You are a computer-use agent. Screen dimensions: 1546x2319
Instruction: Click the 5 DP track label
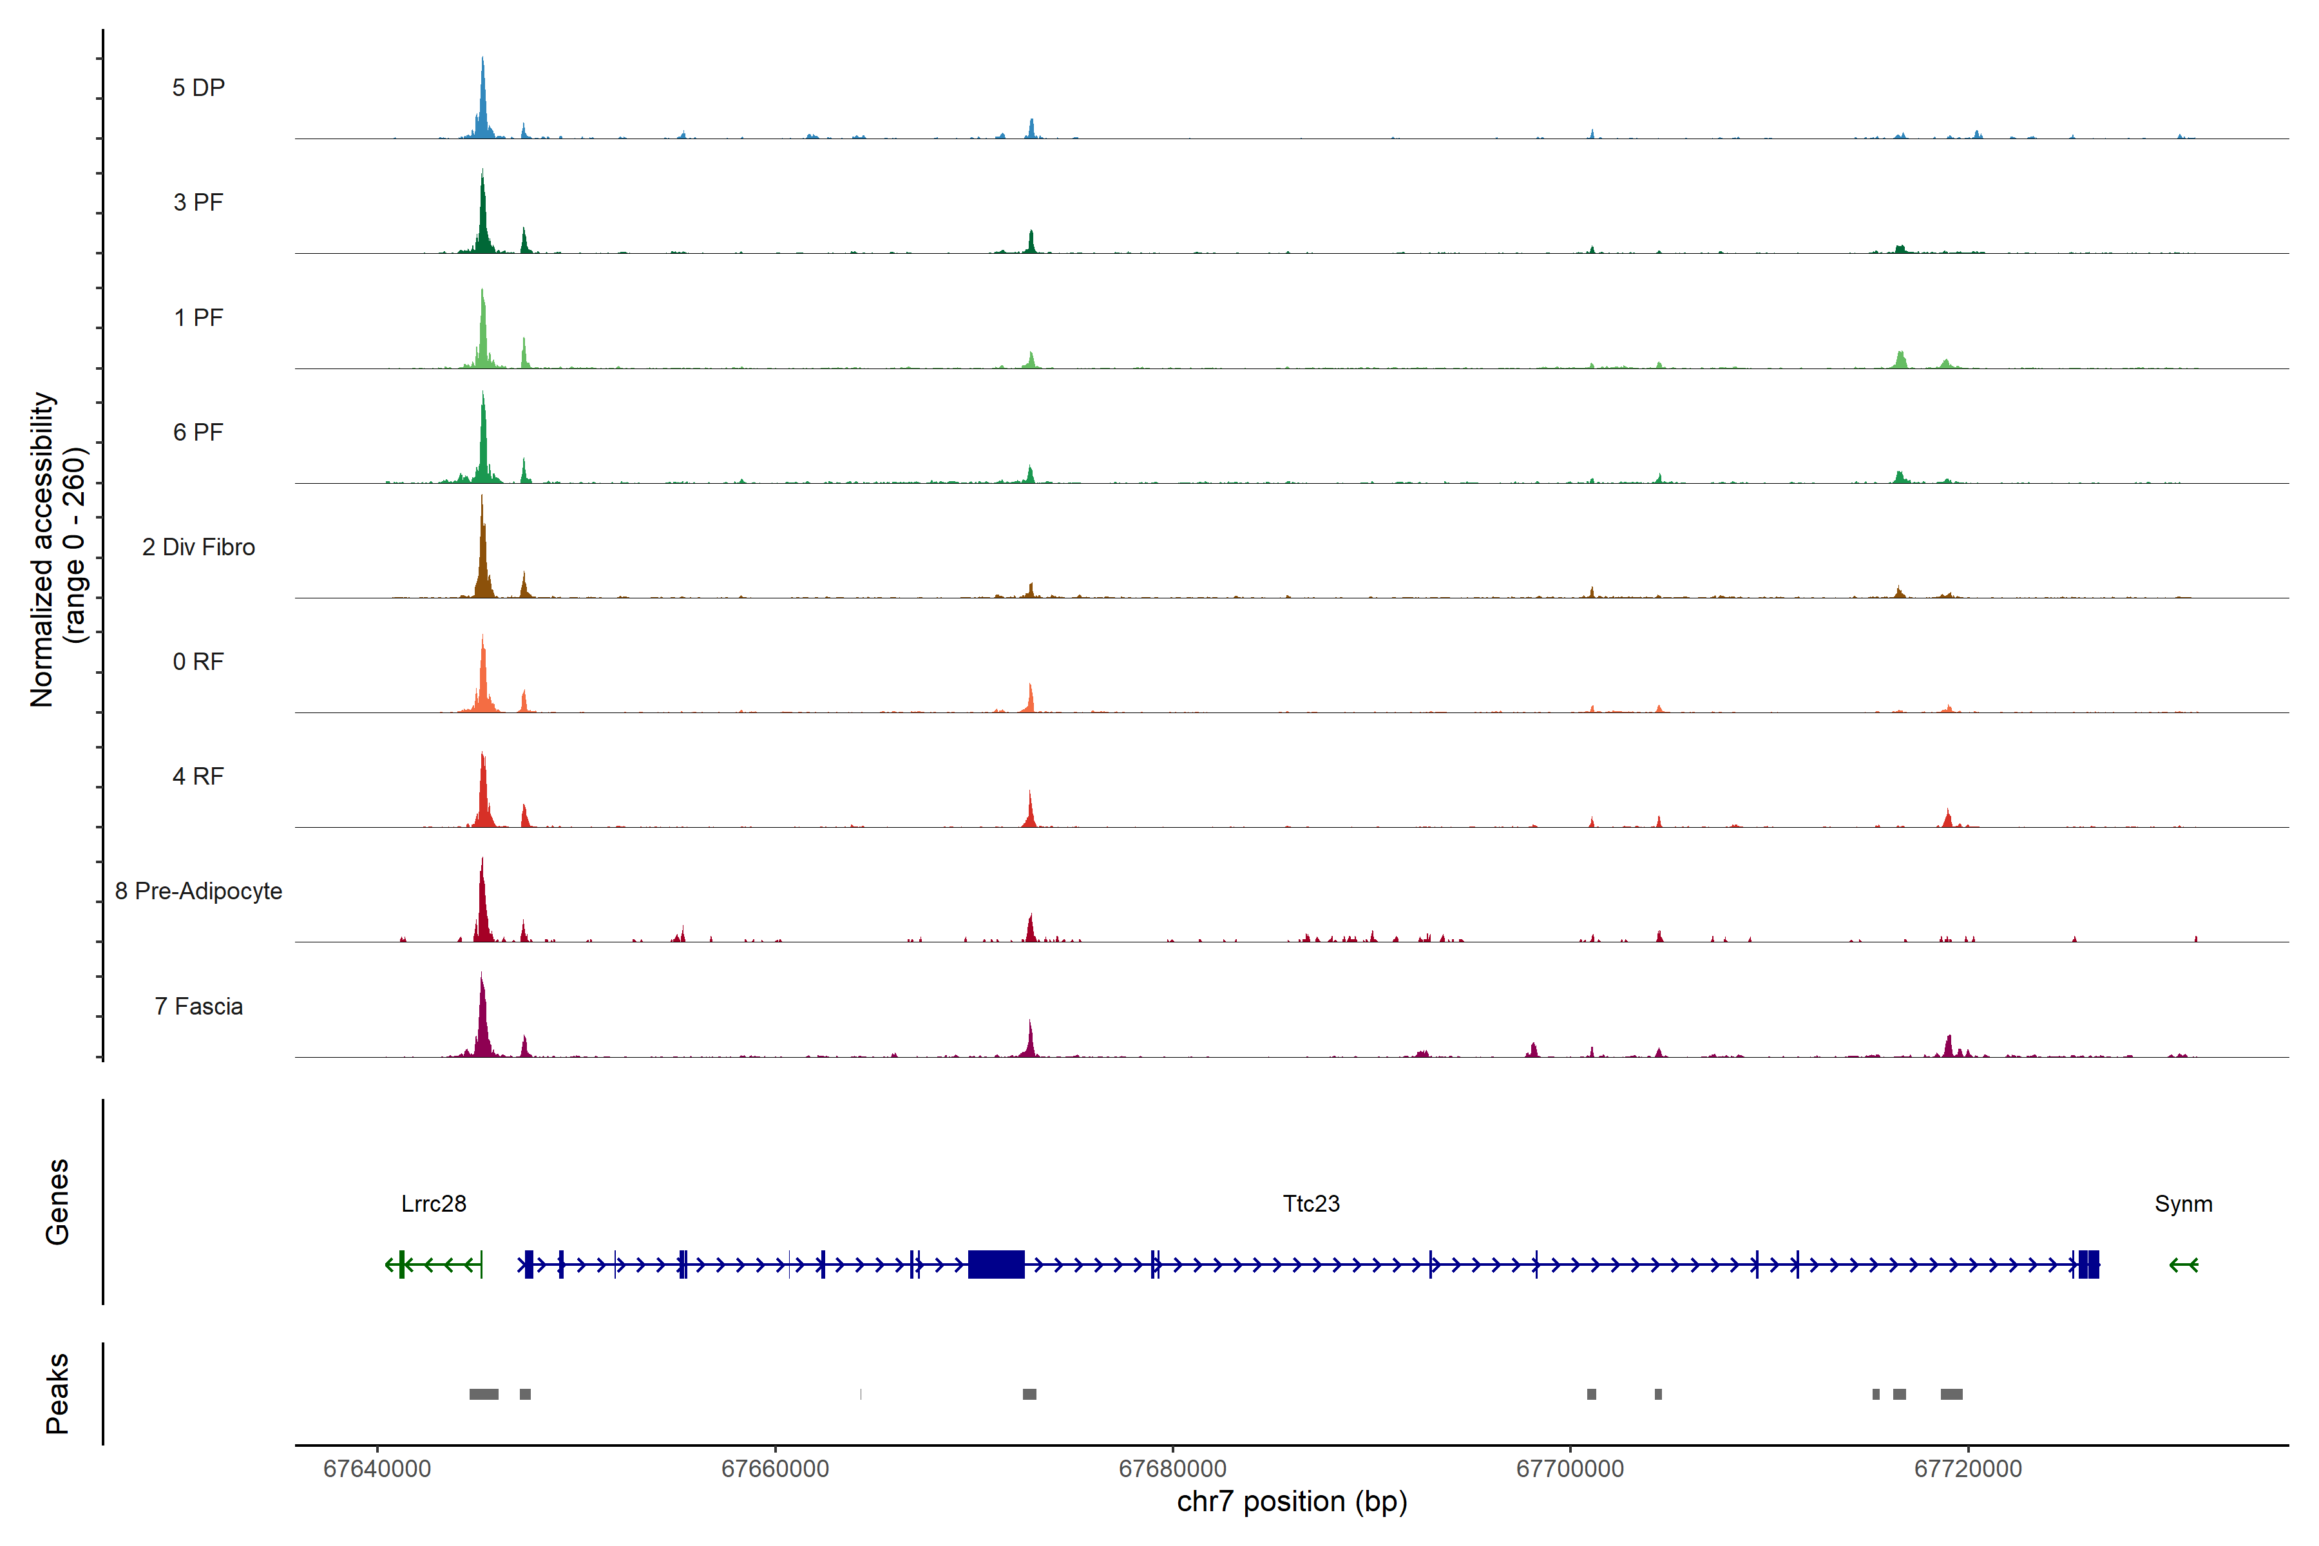pos(198,88)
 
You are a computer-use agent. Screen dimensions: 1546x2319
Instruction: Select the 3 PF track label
pos(198,202)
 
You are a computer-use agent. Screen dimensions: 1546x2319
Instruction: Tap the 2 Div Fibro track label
pos(198,547)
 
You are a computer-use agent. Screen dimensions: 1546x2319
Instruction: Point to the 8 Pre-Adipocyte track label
pos(198,892)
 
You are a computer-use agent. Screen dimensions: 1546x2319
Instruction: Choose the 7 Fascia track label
pos(198,1007)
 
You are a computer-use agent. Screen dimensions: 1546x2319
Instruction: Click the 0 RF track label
pos(198,662)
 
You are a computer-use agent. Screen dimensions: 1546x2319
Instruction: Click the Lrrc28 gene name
pos(434,1204)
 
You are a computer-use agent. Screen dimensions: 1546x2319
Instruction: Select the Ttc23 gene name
pos(1310,1204)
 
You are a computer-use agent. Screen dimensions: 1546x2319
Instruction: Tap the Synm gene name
pos(2183,1204)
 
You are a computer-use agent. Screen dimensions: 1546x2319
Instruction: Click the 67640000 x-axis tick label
pos(377,1469)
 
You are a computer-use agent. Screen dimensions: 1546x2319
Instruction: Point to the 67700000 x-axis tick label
pos(1570,1469)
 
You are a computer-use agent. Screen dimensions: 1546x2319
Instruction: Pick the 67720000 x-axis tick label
pos(1968,1469)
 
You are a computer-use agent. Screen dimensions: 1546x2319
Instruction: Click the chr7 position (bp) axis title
pos(1292,1502)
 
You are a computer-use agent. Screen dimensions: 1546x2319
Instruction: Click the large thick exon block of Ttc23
pos(996,1264)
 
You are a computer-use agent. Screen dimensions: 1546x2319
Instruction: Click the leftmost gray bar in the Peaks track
pos(483,1394)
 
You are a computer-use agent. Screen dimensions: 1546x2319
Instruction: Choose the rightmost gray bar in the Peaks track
pos(1951,1394)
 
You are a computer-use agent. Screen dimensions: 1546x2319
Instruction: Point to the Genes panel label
pos(57,1202)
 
